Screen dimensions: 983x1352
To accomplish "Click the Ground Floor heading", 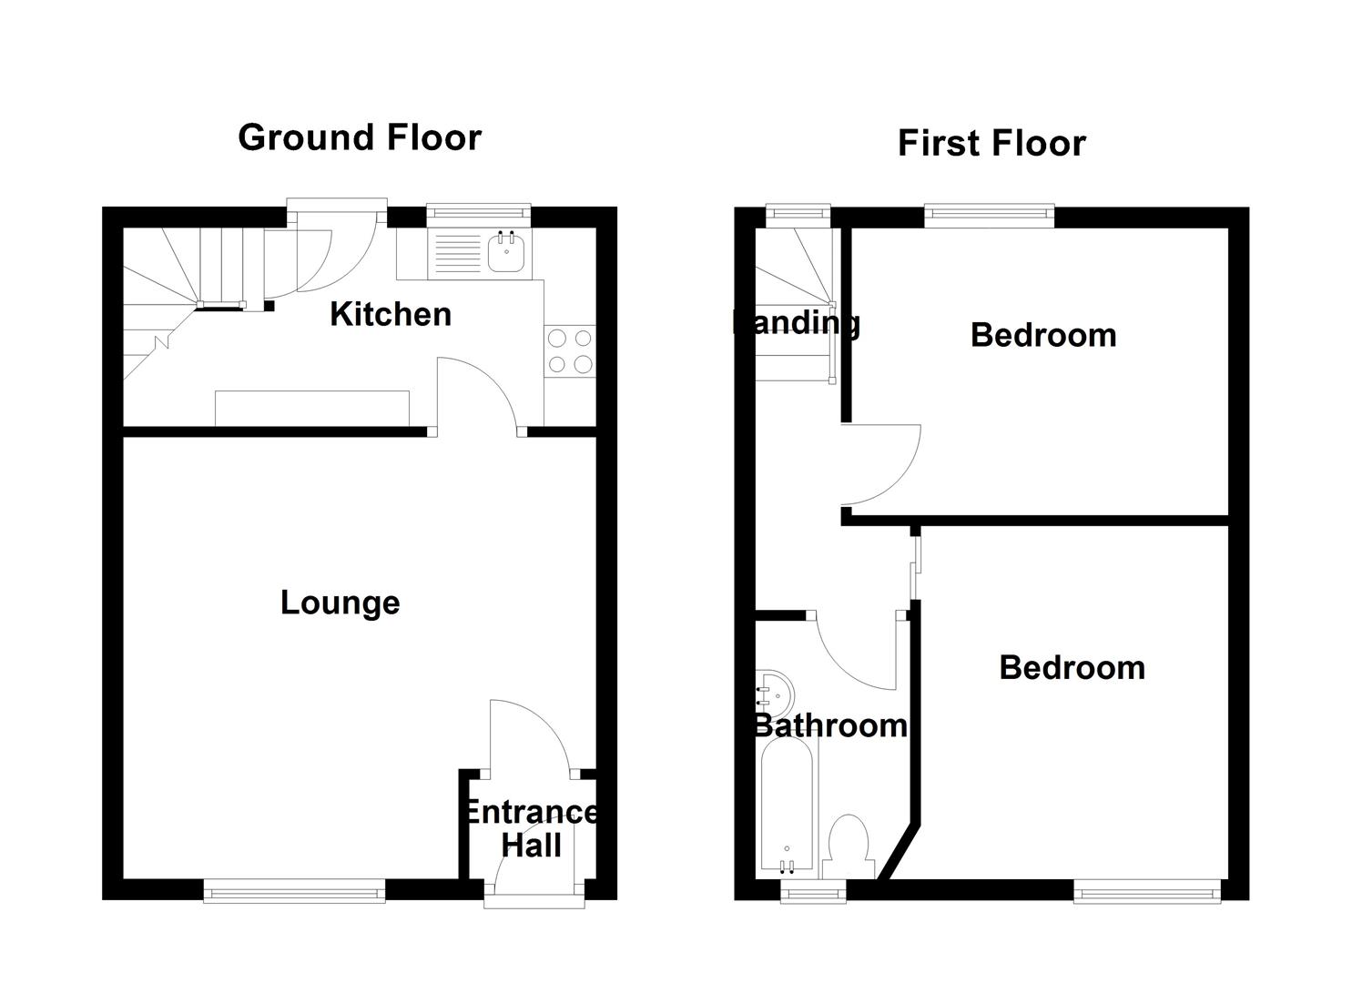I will tap(360, 137).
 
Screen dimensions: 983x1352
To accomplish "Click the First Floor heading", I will tap(991, 144).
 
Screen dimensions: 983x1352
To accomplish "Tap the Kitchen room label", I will tap(391, 314).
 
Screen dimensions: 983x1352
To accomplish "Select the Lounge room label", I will tap(340, 603).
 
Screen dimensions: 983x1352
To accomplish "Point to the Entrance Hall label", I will tap(532, 828).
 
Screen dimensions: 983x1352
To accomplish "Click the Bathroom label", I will tap(830, 725).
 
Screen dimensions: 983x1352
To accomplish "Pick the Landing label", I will tap(797, 322).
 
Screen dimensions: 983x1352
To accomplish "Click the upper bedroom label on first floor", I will tap(1043, 335).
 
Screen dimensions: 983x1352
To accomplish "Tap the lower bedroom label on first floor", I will tap(1072, 667).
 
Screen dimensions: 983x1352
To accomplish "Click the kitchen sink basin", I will tap(507, 252).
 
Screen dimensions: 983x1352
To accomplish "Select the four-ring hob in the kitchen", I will tap(570, 351).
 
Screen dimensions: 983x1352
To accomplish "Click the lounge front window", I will tap(294, 893).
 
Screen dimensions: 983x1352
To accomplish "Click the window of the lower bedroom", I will tap(1147, 893).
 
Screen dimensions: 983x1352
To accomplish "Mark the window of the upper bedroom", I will tap(990, 214).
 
